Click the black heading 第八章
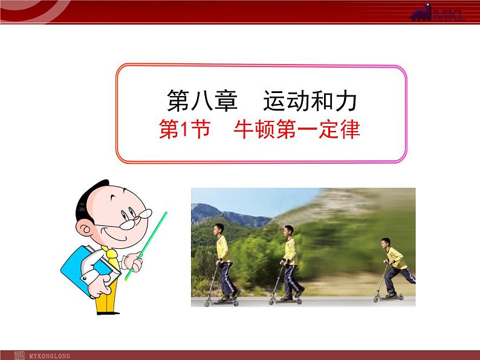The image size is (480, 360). click(x=202, y=100)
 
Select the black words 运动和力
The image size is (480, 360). click(x=310, y=100)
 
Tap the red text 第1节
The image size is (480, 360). click(x=184, y=129)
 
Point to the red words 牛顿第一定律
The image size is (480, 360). click(x=297, y=129)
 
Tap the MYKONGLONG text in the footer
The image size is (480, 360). click(x=50, y=356)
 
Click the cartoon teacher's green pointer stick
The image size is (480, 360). click(x=146, y=246)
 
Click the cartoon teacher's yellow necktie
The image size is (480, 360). click(x=111, y=257)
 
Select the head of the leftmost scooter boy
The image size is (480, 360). click(x=219, y=230)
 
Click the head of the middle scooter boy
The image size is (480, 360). click(x=288, y=231)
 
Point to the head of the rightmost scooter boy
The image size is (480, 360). click(x=386, y=243)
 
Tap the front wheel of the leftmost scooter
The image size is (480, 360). click(x=207, y=304)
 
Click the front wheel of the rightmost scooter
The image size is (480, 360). click(x=376, y=300)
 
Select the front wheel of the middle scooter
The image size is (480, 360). click(x=271, y=302)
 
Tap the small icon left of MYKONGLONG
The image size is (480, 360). click(x=19, y=356)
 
